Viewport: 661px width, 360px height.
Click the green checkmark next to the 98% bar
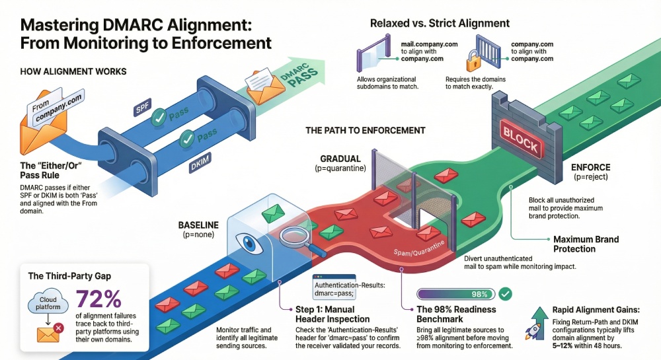505,293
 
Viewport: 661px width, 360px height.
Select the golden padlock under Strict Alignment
473,63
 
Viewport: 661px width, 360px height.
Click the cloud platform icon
46,305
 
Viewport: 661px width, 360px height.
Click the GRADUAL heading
340,159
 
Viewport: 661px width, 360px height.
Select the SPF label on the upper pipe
143,109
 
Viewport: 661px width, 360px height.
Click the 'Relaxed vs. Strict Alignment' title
440,23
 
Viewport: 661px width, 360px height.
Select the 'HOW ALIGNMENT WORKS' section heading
73,71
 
